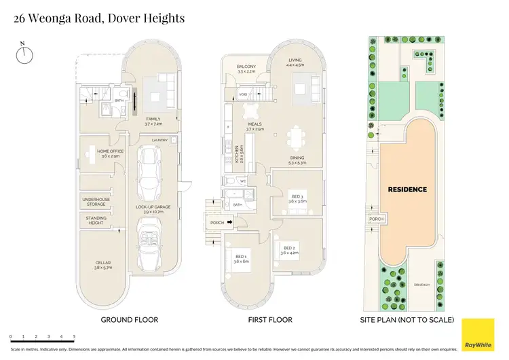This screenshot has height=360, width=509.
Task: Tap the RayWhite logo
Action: pyautogui.click(x=477, y=334)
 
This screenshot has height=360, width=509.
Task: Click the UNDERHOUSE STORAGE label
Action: pyautogui.click(x=94, y=202)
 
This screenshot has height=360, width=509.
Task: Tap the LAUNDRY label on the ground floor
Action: pyautogui.click(x=159, y=141)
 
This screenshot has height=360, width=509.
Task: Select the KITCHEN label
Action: pyautogui.click(x=236, y=157)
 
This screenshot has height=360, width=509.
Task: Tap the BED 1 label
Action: pyautogui.click(x=240, y=259)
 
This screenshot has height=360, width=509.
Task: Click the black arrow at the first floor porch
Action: pyautogui.click(x=229, y=221)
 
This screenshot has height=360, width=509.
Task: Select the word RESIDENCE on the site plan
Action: pyautogui.click(x=407, y=190)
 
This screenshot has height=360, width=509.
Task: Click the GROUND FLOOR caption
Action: pyautogui.click(x=129, y=319)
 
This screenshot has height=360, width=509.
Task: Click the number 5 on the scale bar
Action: pyautogui.click(x=74, y=336)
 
